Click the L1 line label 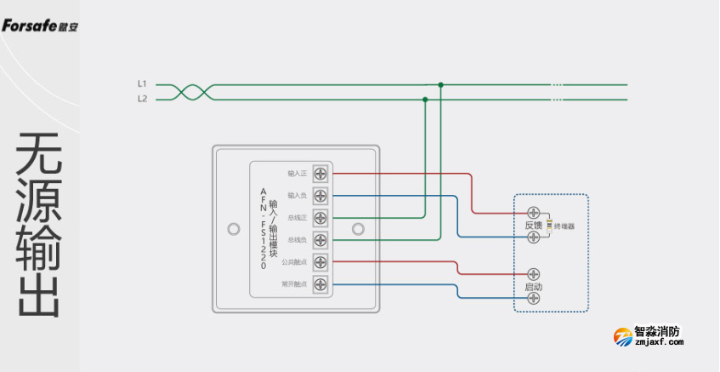(x=142, y=83)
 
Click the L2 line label (x=142, y=99)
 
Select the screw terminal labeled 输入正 (x=321, y=174)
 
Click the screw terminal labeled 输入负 (x=321, y=196)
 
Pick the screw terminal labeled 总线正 (x=321, y=218)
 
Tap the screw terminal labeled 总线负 (x=321, y=240)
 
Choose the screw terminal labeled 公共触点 (x=321, y=262)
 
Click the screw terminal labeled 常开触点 (x=321, y=284)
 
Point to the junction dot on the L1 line (x=440, y=84)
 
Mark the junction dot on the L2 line (x=425, y=100)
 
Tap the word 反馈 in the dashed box (x=533, y=226)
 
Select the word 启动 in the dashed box (x=533, y=288)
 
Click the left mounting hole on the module (x=234, y=229)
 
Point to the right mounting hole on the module (x=358, y=229)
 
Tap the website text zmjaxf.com (x=659, y=343)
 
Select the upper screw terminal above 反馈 (x=534, y=212)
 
